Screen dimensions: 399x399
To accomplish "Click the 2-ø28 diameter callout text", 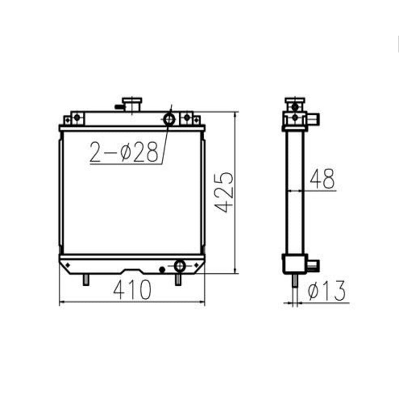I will click(124, 152).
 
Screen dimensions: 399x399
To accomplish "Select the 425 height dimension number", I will click(225, 191).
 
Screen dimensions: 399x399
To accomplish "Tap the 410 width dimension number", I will click(132, 290).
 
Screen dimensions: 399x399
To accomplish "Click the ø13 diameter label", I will click(326, 291).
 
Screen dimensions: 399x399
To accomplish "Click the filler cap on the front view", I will click(132, 105).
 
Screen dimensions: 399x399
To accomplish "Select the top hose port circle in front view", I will click(169, 119).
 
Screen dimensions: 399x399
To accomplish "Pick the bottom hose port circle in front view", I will click(180, 266).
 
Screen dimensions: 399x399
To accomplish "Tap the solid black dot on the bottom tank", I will click(162, 269).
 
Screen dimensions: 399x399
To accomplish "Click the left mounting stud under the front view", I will click(86, 280).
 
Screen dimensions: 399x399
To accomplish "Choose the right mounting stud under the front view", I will click(178, 280).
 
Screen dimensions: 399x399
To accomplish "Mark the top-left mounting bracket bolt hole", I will click(77, 117).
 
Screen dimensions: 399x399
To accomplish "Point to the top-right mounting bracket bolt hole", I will click(187, 117).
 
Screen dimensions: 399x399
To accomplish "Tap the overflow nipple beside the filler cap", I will click(118, 106).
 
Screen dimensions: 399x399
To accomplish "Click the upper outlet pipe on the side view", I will click(314, 119).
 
